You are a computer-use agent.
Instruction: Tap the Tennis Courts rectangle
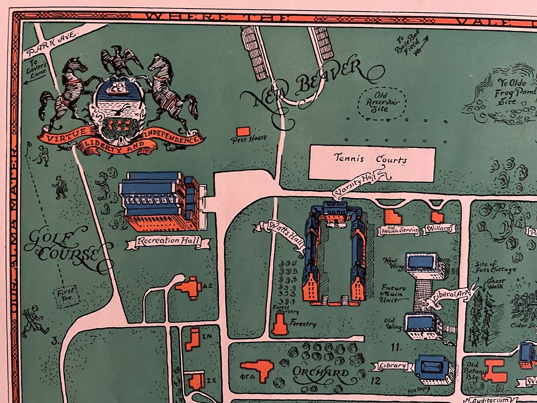click(x=372, y=164)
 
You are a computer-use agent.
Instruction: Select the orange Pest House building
click(x=243, y=132)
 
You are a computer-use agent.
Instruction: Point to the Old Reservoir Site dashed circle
click(x=382, y=103)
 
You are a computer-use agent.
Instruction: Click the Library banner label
click(x=392, y=365)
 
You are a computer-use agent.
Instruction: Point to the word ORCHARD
click(x=320, y=373)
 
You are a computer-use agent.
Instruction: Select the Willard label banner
click(x=439, y=228)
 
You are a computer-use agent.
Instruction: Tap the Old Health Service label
click(x=400, y=230)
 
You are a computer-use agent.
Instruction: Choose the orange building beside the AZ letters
click(x=189, y=288)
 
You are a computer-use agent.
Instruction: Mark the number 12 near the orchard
click(x=375, y=380)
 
